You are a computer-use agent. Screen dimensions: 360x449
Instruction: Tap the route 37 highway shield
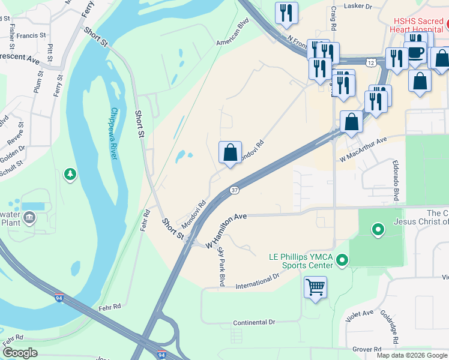click(x=235, y=190)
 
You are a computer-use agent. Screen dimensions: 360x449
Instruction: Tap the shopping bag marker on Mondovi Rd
click(x=230, y=153)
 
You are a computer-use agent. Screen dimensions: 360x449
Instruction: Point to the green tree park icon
click(x=70, y=175)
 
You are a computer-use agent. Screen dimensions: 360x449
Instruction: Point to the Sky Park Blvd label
click(x=221, y=266)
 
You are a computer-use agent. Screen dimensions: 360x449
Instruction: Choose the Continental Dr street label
click(x=254, y=322)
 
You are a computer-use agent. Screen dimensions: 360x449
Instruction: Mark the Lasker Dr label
click(x=358, y=7)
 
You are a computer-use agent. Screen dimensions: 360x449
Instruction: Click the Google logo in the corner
click(x=20, y=353)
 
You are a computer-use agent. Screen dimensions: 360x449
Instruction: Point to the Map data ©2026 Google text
click(x=412, y=355)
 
